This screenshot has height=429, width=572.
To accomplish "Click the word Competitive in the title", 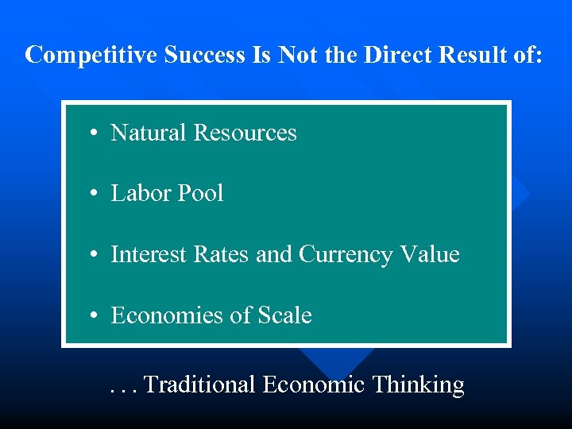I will [x=91, y=55].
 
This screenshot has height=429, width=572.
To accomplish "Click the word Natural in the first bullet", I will [x=149, y=133].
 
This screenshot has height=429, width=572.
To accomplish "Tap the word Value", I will [x=429, y=254].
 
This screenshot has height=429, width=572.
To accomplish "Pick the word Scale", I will [x=284, y=315].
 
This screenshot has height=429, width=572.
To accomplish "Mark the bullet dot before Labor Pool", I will [x=94, y=194].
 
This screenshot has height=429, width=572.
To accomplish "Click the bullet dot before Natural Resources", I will [x=94, y=133].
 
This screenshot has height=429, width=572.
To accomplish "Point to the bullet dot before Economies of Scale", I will [x=94, y=316].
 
